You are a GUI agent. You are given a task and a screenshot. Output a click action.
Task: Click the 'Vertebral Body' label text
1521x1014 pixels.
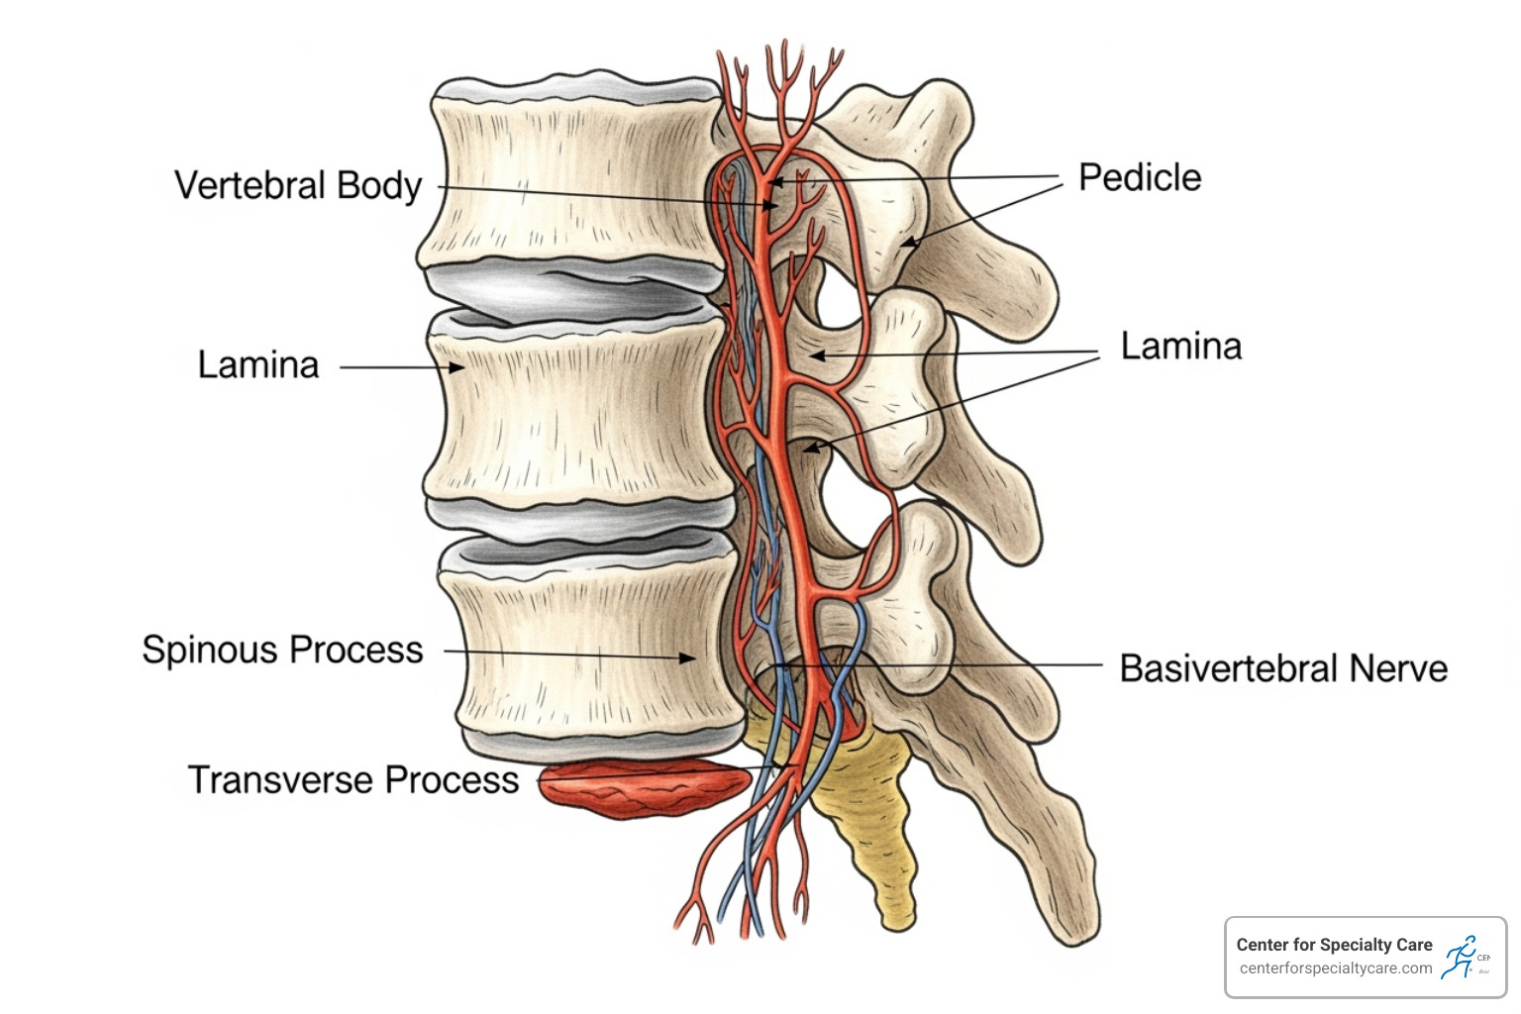[298, 186]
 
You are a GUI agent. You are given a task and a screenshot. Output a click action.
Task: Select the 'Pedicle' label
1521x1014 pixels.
[1139, 178]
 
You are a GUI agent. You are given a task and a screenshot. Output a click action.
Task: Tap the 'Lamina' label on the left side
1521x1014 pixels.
[258, 365]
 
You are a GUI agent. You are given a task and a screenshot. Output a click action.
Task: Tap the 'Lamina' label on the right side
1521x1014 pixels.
[1180, 347]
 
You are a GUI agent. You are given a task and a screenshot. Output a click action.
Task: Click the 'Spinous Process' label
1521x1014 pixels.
[282, 651]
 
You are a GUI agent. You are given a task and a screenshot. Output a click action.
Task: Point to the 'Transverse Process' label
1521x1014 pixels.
[353, 780]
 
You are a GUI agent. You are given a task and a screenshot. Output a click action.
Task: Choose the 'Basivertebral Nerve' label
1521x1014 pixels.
[1282, 668]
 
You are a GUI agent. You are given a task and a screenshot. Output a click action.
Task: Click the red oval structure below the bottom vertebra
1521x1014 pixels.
[644, 788]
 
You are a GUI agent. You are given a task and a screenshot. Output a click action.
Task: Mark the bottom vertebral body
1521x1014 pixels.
[594, 644]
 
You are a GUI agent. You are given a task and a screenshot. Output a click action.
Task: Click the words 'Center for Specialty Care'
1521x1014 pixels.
[1334, 945]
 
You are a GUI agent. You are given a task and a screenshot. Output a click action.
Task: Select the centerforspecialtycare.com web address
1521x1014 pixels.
[1335, 968]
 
